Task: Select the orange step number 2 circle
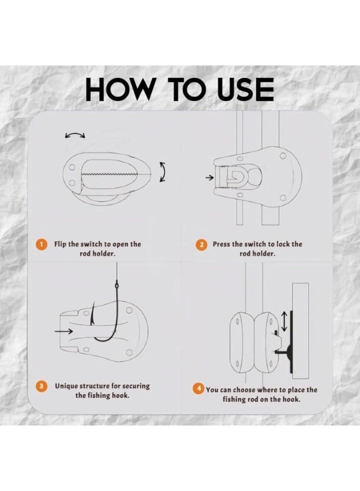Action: [x=201, y=244]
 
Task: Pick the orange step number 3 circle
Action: [x=41, y=386]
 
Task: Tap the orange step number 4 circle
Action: [x=199, y=389]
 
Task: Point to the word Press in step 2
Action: [x=221, y=244]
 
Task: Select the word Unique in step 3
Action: [x=66, y=386]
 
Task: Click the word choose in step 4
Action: [x=241, y=390]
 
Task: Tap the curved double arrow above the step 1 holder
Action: [x=75, y=134]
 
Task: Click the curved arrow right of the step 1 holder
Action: [x=163, y=172]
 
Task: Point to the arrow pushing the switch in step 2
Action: [x=209, y=178]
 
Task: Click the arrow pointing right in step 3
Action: [x=64, y=331]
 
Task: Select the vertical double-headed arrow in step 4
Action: [x=284, y=321]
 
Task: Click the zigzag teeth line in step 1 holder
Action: [x=109, y=174]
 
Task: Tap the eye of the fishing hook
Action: [x=117, y=285]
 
